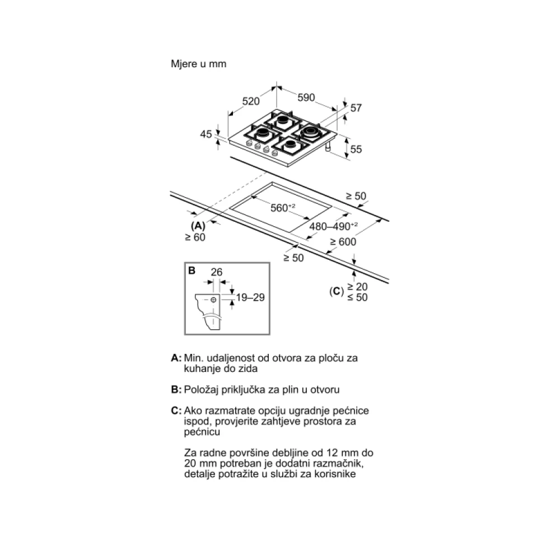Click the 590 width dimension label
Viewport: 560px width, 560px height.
[x=306, y=97]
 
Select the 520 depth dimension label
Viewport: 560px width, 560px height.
[x=251, y=101]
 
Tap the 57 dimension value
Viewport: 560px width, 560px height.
[x=356, y=108]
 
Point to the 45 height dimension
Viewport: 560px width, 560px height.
[x=206, y=134]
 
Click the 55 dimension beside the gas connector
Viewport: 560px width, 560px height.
[x=356, y=150]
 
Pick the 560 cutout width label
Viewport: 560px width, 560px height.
[x=282, y=208]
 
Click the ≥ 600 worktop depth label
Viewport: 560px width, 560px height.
[x=343, y=242]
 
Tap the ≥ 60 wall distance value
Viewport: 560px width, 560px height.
[x=195, y=237]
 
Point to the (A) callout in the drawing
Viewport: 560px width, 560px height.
[x=198, y=226]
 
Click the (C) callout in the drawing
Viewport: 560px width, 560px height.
[x=337, y=292]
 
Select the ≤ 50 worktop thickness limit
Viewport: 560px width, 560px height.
[x=357, y=297]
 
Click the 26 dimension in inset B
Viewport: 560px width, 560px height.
[x=216, y=272]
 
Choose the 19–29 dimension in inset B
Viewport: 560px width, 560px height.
[x=250, y=297]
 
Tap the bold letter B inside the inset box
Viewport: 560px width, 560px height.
[x=192, y=270]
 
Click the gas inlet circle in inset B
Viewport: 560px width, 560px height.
[x=213, y=300]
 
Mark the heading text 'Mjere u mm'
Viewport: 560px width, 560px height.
[x=199, y=64]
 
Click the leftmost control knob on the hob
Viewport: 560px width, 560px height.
[x=249, y=143]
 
